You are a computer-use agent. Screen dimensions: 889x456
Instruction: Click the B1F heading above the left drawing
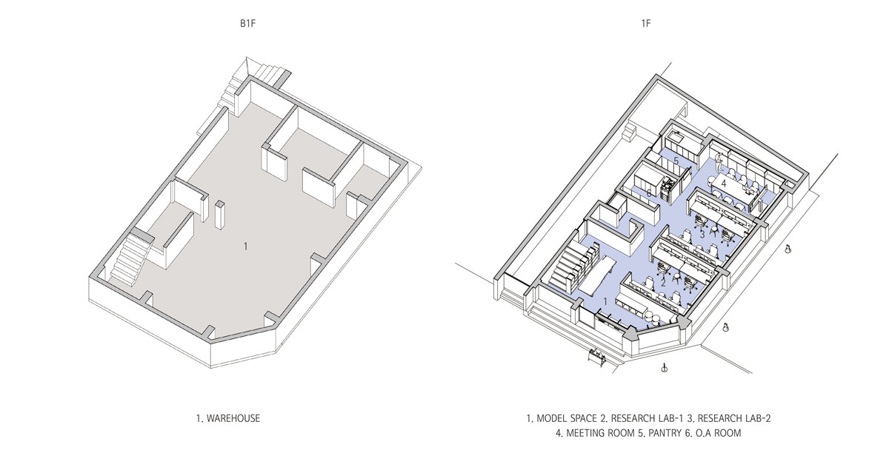click(x=247, y=24)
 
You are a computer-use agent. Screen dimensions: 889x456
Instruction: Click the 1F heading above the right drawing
click(x=646, y=24)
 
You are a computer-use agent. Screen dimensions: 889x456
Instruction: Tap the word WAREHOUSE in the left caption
click(x=233, y=418)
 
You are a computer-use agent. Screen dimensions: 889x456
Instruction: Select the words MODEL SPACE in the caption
click(x=567, y=418)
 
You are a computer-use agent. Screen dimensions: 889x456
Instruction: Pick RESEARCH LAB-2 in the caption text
click(x=734, y=418)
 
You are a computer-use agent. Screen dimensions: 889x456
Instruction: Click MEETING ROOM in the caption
click(x=601, y=433)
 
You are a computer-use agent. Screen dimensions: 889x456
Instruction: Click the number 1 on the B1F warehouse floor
click(x=246, y=247)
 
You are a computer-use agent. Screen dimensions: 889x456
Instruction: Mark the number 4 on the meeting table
click(x=724, y=184)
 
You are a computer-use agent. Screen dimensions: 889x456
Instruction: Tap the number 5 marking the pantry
click(x=676, y=161)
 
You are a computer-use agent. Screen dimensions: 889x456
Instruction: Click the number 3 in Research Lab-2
click(x=702, y=235)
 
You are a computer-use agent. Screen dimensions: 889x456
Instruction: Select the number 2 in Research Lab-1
click(x=663, y=283)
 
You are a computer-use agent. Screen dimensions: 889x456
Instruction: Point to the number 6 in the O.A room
click(x=649, y=193)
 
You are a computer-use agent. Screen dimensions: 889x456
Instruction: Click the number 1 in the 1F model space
click(x=605, y=302)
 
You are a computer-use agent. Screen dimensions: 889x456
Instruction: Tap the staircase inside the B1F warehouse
click(x=129, y=258)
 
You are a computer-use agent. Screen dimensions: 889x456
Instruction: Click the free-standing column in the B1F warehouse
click(x=219, y=215)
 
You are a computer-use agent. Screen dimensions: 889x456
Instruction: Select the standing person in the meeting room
click(x=719, y=164)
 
